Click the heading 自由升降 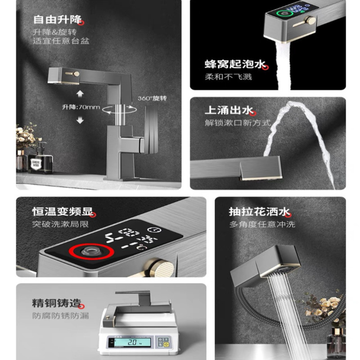coord(57,19)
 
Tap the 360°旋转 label coord(152,98)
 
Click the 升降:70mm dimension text coord(81,107)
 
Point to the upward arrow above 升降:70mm coord(81,94)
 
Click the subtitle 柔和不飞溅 coord(228,77)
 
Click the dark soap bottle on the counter coord(40,159)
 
